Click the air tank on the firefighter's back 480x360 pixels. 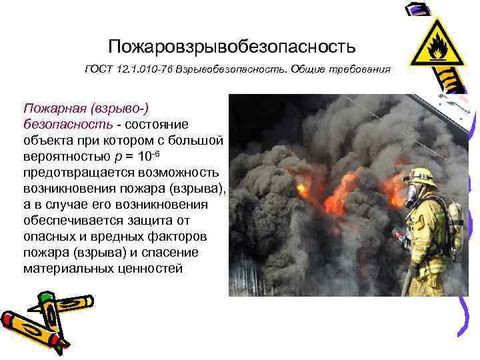(454, 221)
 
